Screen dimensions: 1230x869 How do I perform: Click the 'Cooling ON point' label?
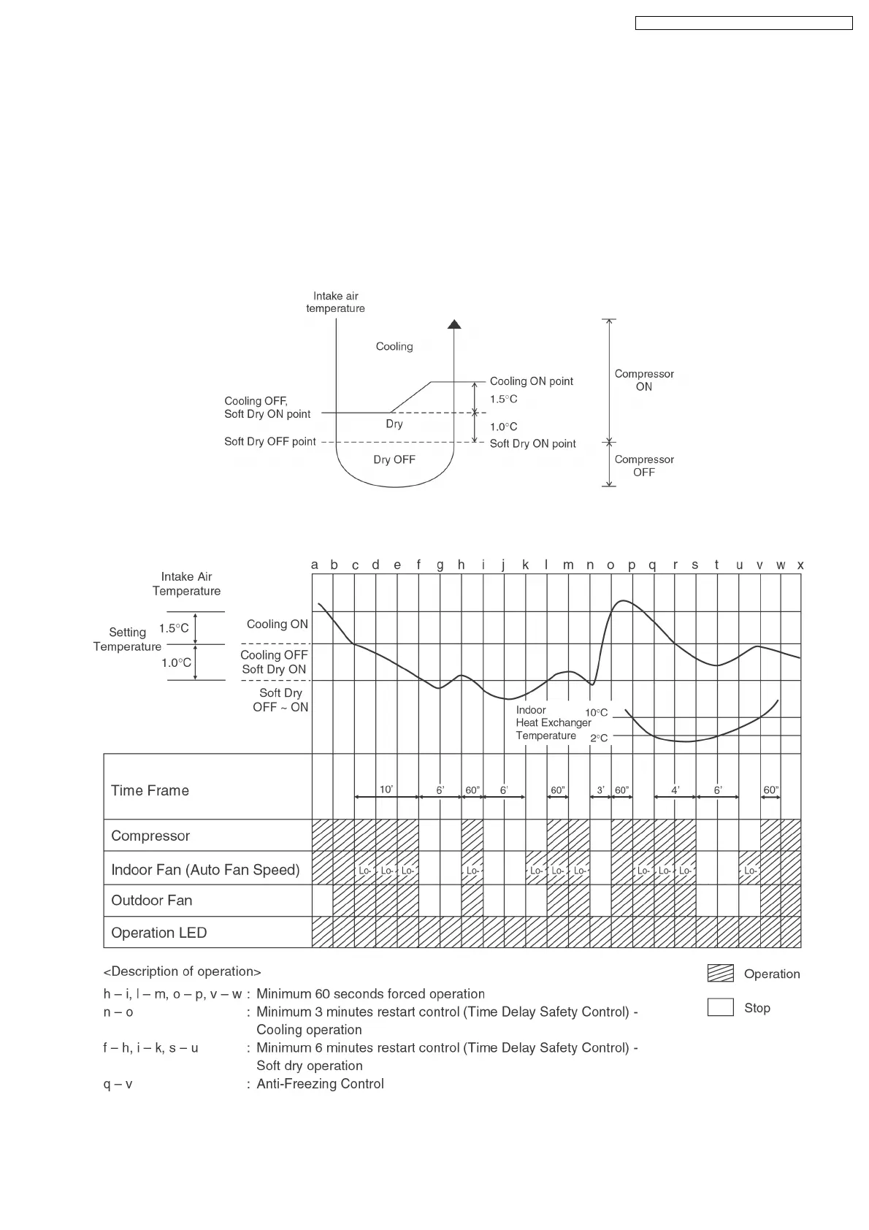[531, 381]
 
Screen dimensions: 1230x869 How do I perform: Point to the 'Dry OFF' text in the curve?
[394, 459]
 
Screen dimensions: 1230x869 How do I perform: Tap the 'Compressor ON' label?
[644, 380]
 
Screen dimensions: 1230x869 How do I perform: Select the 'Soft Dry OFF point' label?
[270, 442]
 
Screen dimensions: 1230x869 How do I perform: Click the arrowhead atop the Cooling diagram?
[454, 324]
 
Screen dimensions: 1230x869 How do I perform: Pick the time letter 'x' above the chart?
[800, 565]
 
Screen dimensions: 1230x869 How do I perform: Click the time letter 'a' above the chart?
[315, 565]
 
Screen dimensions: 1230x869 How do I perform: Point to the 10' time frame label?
[386, 790]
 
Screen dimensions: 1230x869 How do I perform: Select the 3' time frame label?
[600, 790]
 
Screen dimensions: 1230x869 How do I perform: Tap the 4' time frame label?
[675, 790]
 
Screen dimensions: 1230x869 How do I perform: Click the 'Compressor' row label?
[150, 836]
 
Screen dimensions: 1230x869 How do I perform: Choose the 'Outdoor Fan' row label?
[151, 901]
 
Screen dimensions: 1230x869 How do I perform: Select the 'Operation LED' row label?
[158, 933]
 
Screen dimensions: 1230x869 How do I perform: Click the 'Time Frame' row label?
[150, 790]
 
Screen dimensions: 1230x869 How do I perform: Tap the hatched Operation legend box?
[720, 974]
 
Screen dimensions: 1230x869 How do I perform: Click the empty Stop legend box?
[720, 1007]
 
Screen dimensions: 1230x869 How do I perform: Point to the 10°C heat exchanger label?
[596, 713]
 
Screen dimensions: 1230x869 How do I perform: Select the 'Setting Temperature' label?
[127, 639]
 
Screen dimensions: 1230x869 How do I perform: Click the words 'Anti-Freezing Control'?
[320, 1084]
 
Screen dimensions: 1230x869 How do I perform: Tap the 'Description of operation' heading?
[183, 971]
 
